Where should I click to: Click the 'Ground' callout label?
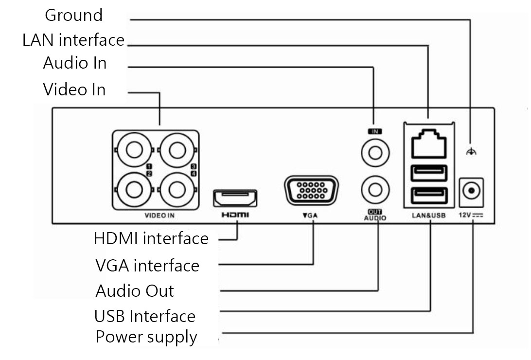[74, 15]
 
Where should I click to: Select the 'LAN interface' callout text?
[73, 40]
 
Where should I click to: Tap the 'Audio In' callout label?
[74, 63]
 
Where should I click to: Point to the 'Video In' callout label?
[74, 90]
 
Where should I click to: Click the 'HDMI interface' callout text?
[151, 239]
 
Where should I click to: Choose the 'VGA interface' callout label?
[147, 266]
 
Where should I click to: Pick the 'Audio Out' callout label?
[135, 291]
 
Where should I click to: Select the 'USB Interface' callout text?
[145, 316]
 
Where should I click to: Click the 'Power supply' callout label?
[146, 337]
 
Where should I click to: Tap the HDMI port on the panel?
[235, 198]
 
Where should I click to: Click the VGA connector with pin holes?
[311, 191]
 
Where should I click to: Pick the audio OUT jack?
[375, 189]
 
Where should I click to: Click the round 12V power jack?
[471, 191]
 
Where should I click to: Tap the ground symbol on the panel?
[470, 152]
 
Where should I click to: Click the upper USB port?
[429, 172]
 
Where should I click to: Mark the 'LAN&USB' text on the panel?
[428, 215]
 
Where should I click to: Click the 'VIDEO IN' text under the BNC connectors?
[159, 215]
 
